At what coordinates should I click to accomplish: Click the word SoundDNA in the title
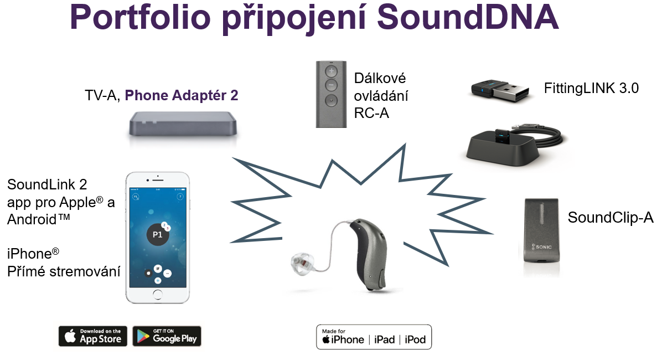(x=467, y=18)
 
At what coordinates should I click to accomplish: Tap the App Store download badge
(x=92, y=336)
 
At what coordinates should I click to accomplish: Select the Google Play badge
(x=167, y=336)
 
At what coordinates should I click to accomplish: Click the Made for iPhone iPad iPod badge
(x=374, y=337)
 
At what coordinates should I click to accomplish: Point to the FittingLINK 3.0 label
(x=591, y=88)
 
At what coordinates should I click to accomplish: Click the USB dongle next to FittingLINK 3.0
(x=500, y=91)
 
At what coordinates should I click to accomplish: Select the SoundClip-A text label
(x=610, y=218)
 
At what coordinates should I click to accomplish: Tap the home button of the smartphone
(x=158, y=294)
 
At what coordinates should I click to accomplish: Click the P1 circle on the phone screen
(x=158, y=234)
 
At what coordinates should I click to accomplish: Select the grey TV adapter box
(x=183, y=124)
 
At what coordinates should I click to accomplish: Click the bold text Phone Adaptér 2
(x=182, y=95)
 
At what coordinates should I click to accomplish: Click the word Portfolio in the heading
(x=140, y=18)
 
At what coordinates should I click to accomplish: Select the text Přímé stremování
(x=64, y=272)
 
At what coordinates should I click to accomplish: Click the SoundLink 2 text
(x=47, y=184)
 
